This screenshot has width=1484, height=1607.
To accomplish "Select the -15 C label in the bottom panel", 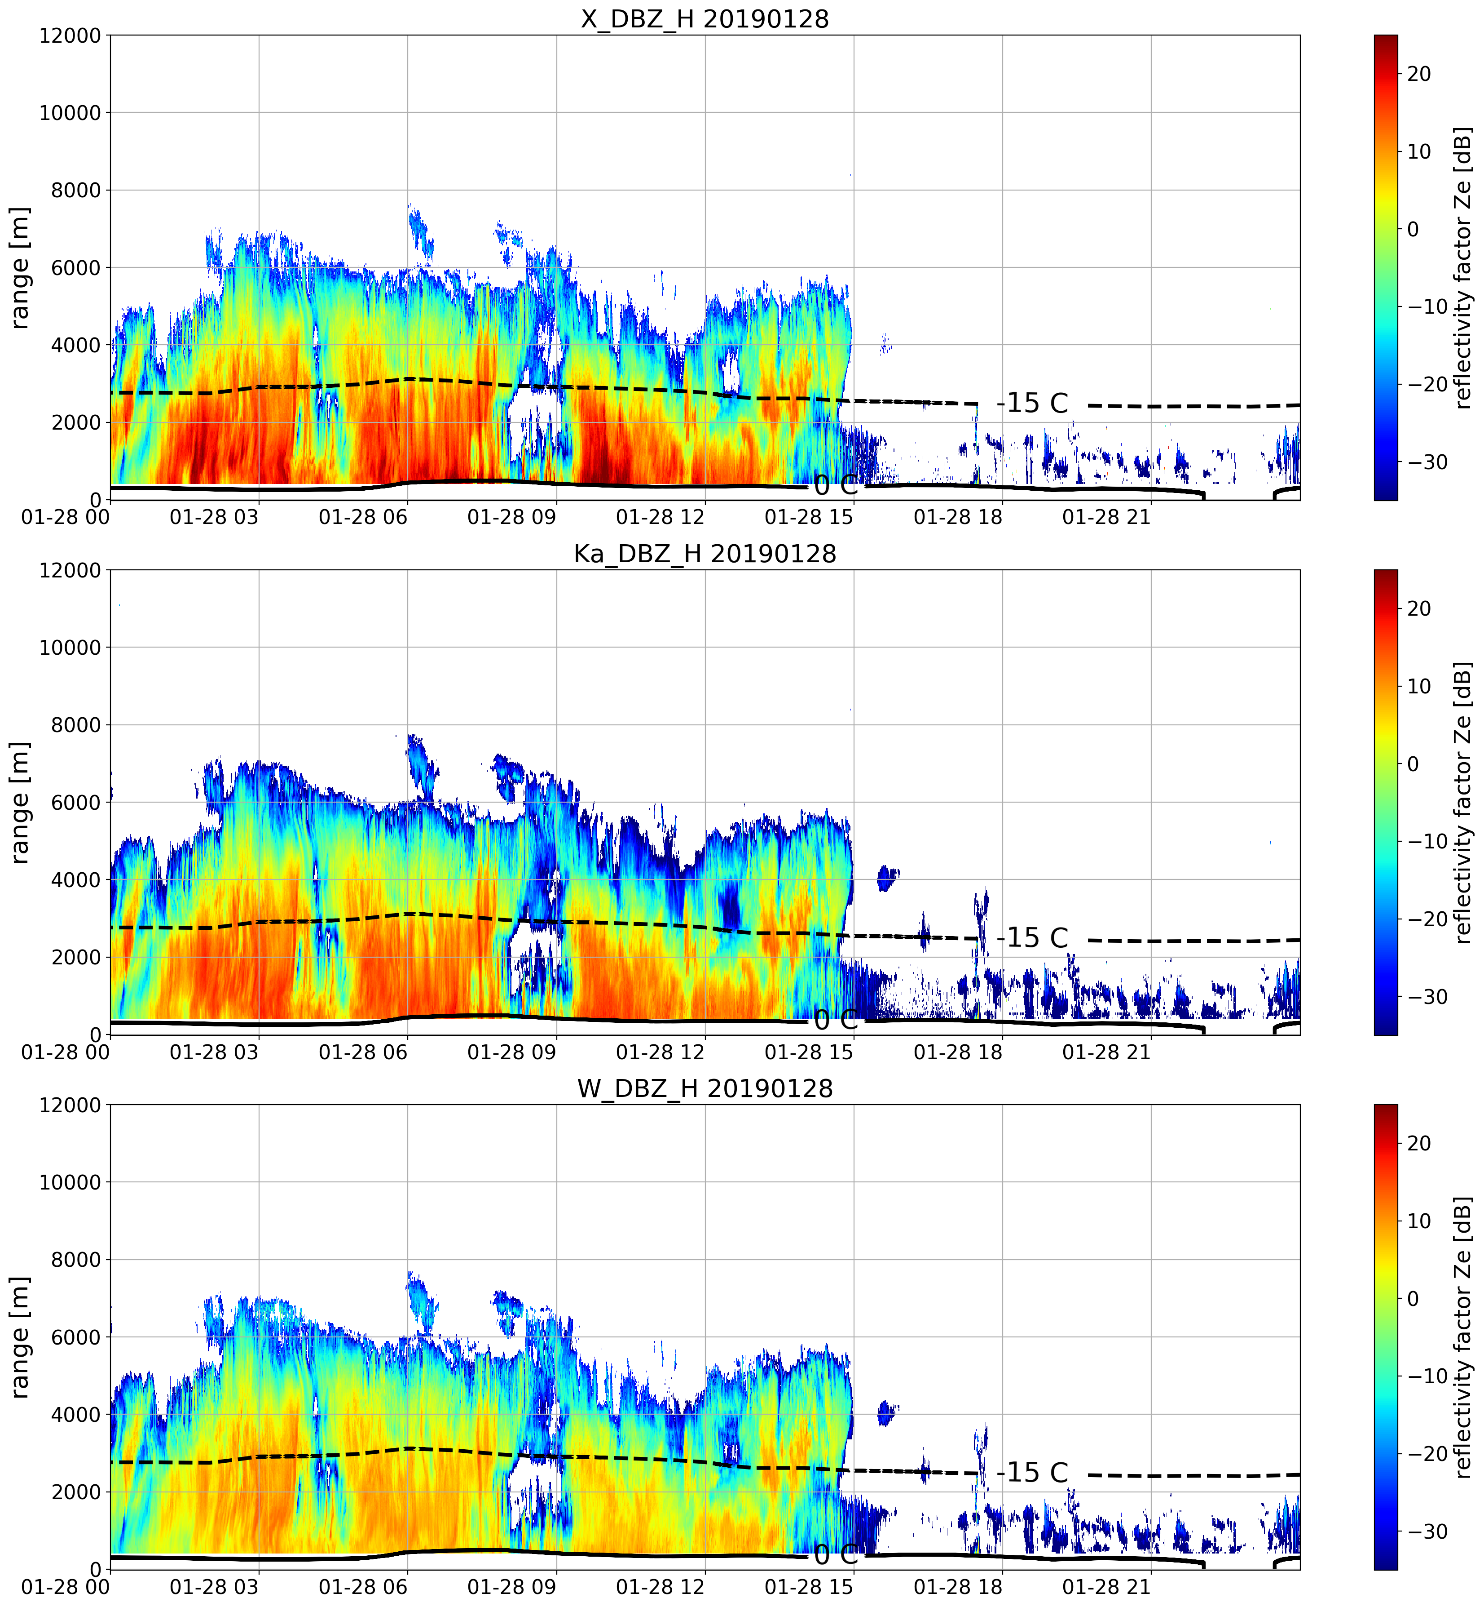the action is [x=1033, y=1472].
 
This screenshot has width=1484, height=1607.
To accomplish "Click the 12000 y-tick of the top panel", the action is [x=70, y=36].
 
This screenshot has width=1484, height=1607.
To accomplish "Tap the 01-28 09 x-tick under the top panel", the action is [x=511, y=517].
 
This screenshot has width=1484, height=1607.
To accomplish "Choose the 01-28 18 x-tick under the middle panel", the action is [x=958, y=1052].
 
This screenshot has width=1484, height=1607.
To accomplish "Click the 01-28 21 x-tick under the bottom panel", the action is [x=1106, y=1587].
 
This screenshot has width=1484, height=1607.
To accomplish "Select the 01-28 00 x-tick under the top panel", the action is [x=66, y=517].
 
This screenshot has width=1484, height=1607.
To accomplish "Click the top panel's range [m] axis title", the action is [x=20, y=267].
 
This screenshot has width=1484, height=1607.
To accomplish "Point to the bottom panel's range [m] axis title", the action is [x=20, y=1337].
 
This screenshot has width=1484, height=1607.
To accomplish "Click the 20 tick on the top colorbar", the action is [x=1419, y=74].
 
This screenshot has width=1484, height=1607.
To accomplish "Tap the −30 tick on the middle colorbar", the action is [x=1428, y=996].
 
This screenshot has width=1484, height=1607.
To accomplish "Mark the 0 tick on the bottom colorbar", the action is [x=1414, y=1298].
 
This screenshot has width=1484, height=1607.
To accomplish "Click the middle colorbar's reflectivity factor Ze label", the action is [x=1464, y=802].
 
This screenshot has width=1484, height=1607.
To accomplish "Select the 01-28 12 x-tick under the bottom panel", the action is [x=660, y=1587].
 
